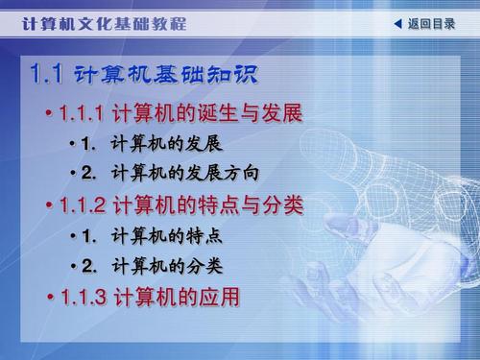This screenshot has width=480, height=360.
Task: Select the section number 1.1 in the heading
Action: [46, 74]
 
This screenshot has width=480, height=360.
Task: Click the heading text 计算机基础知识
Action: [167, 74]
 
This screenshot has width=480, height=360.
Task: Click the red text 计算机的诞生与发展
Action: [207, 114]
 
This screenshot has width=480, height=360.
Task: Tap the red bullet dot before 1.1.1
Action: [49, 115]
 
